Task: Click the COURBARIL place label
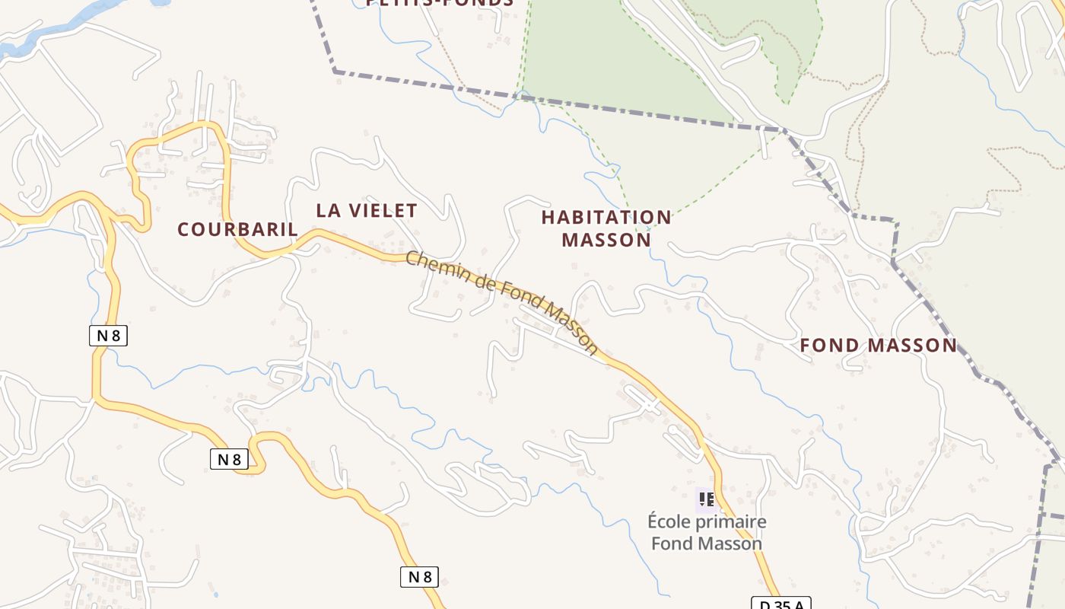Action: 237,228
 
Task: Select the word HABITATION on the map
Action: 606,218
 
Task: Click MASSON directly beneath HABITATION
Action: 606,240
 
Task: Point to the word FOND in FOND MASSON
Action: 831,346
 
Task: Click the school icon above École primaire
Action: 707,499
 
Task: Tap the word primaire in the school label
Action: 730,522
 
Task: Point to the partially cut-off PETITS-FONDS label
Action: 440,3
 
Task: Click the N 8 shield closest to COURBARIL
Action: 108,336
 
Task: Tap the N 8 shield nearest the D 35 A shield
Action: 419,577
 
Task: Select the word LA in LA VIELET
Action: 328,210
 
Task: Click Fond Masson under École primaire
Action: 706,544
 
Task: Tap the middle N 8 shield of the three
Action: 229,459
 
